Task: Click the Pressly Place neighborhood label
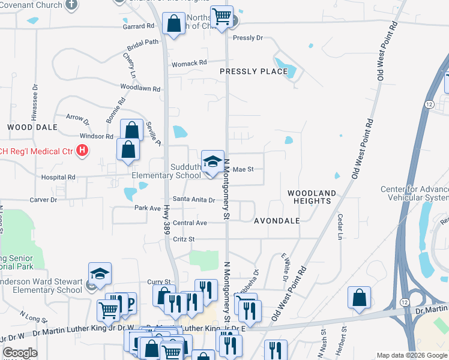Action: (253, 71)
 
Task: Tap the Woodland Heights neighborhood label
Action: (311, 197)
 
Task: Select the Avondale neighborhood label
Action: (276, 221)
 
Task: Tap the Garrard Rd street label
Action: (139, 26)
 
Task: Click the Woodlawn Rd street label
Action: (140, 88)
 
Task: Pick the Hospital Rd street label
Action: (58, 178)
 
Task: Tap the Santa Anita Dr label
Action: (194, 200)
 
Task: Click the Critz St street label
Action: (184, 239)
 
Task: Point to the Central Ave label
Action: (190, 223)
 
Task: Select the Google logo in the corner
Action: (20, 353)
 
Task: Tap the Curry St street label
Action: (159, 281)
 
